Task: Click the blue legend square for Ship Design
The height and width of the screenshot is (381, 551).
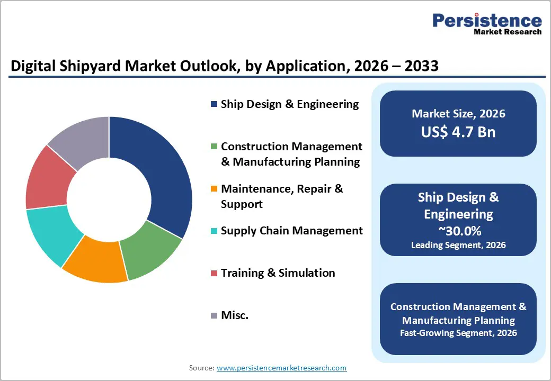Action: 214,104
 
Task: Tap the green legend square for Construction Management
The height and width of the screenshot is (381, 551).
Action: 214,147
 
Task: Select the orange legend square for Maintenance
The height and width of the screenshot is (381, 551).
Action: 214,189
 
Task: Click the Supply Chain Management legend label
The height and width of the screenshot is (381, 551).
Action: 291,231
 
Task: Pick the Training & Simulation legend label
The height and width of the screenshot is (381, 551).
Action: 278,273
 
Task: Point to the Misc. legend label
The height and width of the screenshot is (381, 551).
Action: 235,315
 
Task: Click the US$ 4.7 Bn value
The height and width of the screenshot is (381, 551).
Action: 458,132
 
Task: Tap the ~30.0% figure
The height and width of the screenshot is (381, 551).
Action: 458,231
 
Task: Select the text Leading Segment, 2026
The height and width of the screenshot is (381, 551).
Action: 458,245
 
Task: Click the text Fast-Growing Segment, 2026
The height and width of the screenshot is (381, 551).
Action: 458,333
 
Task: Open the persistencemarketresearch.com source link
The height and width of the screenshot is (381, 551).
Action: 281,368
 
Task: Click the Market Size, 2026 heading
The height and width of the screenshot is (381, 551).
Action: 458,114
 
